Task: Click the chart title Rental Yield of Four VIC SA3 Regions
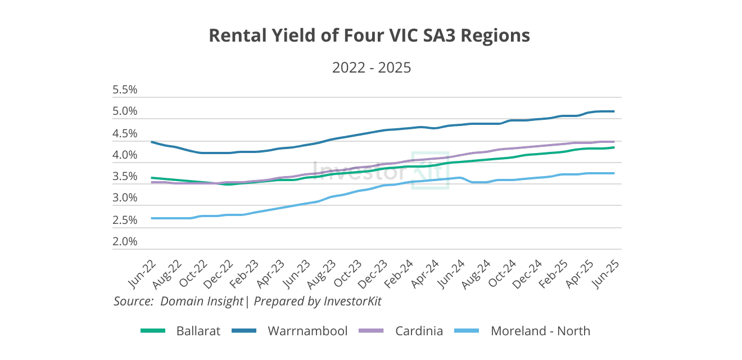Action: pos(369,35)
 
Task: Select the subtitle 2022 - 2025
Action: pos(372,68)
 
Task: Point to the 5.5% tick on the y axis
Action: pos(125,90)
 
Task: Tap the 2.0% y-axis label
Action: pos(125,242)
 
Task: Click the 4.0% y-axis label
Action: pos(125,155)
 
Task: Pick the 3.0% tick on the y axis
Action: pos(125,199)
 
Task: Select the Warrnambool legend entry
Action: pos(307,331)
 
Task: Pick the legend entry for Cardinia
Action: pos(419,331)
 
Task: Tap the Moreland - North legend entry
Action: pos(540,331)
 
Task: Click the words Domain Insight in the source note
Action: pos(202,301)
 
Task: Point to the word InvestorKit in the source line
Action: pos(352,301)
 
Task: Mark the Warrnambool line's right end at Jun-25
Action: pos(614,111)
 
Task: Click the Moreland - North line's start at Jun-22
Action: pos(152,218)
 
